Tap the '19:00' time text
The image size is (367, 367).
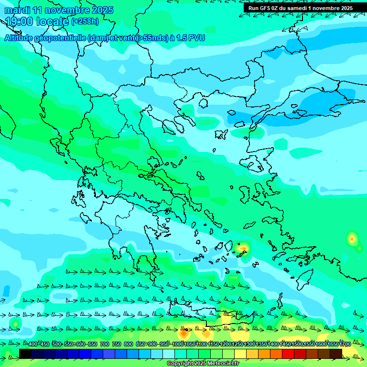tap(19, 22)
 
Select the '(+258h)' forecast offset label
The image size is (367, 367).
tap(85, 22)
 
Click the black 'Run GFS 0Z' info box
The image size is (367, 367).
tap(300, 8)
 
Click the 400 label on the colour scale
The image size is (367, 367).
tap(32, 345)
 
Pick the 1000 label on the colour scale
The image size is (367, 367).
tap(178, 345)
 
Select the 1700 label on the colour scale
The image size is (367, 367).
tap(345, 345)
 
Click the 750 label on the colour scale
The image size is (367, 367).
tap(116, 345)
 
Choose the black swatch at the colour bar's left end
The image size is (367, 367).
tap(25, 354)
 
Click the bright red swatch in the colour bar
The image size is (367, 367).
tap(288, 354)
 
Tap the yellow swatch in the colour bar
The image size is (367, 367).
tap(240, 354)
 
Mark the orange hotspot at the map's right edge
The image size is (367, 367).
tap(352, 237)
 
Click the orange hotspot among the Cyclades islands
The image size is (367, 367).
tap(243, 248)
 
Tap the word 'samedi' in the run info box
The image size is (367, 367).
tap(297, 8)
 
